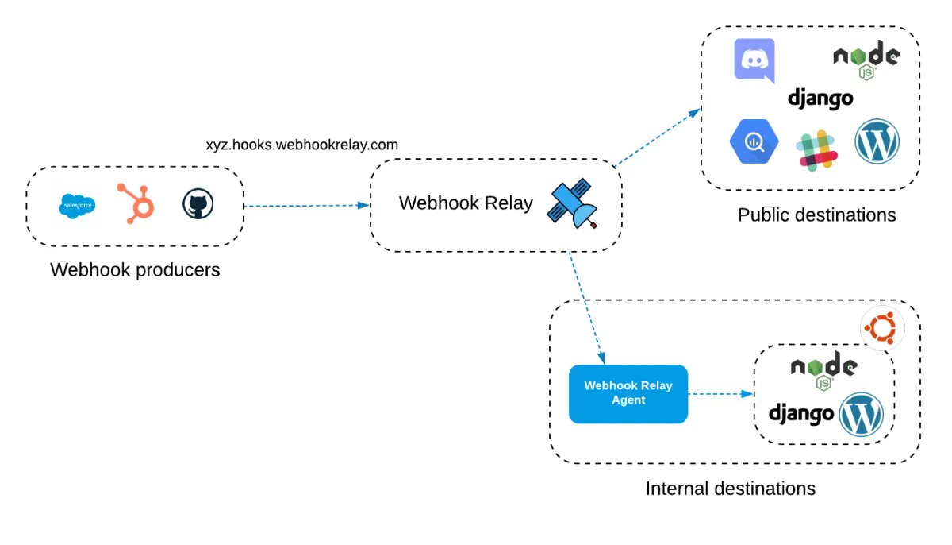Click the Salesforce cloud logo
78,206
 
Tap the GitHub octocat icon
198,204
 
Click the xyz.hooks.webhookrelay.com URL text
301,145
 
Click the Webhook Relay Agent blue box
628,393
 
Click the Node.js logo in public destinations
866,61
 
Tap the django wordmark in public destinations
820,99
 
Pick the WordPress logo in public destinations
877,143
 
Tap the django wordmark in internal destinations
801,413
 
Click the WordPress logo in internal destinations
862,413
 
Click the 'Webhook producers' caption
135,270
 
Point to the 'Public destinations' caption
816,215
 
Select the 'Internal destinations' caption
730,489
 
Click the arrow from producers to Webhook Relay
306,206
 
